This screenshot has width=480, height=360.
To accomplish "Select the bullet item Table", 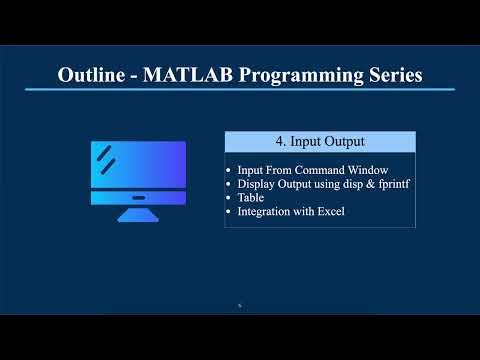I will [x=250, y=198].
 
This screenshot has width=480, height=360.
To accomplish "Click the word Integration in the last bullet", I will [x=263, y=212].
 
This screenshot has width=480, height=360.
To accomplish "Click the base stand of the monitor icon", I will [x=138, y=215].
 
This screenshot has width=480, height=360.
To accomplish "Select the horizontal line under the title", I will [x=240, y=90].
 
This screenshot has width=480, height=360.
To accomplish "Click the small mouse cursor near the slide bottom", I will [x=239, y=305].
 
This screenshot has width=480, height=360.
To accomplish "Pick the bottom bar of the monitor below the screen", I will [x=138, y=197].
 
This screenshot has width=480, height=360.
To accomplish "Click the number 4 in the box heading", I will [x=277, y=142].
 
